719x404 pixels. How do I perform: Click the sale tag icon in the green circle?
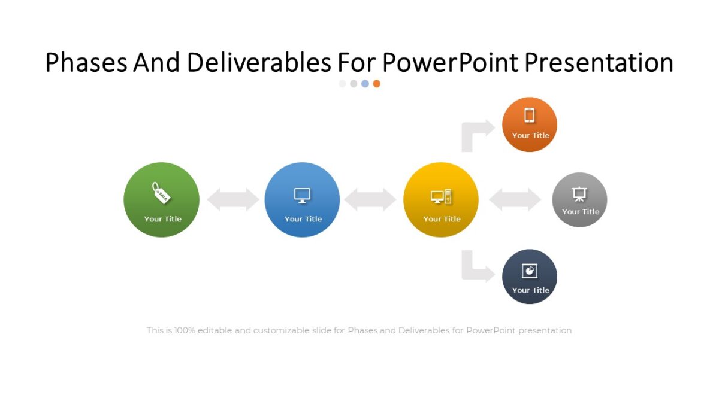coord(161,193)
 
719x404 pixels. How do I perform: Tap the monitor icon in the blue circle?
coord(302,195)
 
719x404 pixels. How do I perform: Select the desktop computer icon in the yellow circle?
coord(441,196)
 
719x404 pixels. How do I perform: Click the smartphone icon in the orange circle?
coord(530,115)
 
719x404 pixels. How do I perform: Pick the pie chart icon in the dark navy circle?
coord(530,271)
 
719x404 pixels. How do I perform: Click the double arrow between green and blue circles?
coord(232,199)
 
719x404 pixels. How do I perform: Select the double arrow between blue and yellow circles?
coord(370,199)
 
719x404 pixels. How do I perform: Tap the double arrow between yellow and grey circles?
coord(515,199)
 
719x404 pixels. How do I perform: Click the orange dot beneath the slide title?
coord(376,84)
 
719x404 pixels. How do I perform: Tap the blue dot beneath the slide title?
coord(365,84)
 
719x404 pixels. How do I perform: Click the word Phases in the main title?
coord(86,63)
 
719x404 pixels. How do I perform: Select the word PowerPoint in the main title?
coord(451,63)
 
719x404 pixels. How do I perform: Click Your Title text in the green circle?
coord(162,219)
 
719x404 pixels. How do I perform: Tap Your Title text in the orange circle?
coord(530,136)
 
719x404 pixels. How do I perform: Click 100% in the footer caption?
coord(185,330)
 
